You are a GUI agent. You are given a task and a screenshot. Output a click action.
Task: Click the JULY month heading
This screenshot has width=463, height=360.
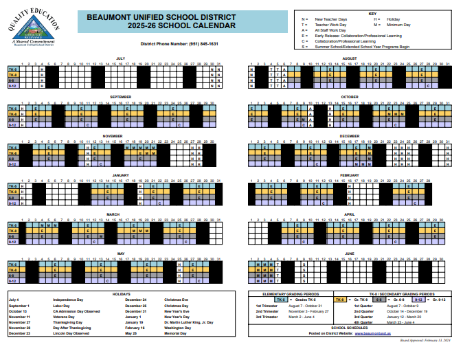tap(120, 58)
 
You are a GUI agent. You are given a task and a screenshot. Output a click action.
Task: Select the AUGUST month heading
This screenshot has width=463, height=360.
tap(350, 58)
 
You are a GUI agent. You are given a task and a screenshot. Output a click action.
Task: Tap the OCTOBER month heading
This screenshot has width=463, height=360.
tap(350, 97)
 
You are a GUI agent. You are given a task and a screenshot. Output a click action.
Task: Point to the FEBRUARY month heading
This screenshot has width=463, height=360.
tap(350, 175)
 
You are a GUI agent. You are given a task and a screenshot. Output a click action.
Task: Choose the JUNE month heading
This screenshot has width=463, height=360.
tap(350, 254)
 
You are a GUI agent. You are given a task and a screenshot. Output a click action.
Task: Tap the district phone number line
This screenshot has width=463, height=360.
tap(179, 43)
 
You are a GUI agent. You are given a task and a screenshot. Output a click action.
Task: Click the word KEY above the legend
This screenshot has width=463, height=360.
tap(372, 14)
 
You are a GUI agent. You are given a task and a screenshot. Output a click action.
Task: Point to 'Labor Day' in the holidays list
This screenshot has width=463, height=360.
tap(63, 305)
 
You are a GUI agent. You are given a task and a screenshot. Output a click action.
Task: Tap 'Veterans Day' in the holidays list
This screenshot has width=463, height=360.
tap(65, 316)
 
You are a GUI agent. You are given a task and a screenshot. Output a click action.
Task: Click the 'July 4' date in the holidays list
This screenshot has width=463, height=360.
tap(14, 300)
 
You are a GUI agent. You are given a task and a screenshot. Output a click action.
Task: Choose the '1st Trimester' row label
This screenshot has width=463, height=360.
tap(267, 306)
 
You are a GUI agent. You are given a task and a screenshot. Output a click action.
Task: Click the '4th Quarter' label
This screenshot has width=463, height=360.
tap(363, 322)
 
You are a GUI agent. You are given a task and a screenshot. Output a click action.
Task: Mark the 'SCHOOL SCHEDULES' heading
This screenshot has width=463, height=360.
tap(350, 328)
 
